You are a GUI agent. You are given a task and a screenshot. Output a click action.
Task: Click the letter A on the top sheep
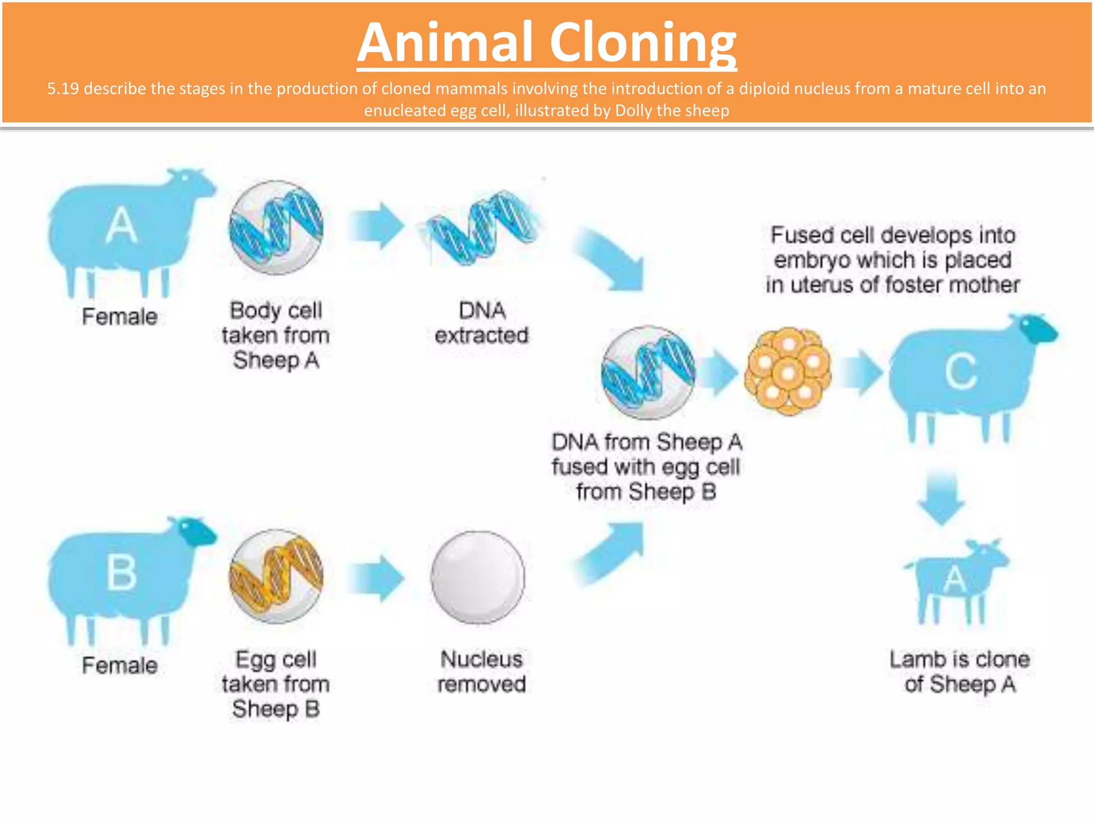[121, 225]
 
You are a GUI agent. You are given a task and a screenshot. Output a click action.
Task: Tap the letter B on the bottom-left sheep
[121, 572]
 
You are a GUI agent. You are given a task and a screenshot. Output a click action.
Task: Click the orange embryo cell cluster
[788, 371]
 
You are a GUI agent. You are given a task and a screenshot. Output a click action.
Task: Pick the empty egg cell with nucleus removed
[478, 577]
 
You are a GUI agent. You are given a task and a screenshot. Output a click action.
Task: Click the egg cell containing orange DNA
[276, 576]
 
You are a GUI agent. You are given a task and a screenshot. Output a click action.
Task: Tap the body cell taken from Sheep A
[276, 227]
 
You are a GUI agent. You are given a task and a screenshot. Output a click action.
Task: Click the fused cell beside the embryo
[648, 372]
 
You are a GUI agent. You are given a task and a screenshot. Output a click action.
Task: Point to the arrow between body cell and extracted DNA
[376, 226]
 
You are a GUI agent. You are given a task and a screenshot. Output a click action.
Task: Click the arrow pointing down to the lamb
[941, 498]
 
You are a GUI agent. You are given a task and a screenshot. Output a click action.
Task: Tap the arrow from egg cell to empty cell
[376, 578]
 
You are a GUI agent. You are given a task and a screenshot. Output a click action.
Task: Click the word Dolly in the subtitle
[634, 111]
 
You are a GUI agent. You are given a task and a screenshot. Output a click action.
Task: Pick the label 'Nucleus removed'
[481, 671]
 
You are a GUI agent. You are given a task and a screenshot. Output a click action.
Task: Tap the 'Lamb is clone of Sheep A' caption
[959, 671]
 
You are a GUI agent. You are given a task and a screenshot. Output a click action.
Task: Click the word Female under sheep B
[120, 665]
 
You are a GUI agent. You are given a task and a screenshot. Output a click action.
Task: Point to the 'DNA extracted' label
[481, 323]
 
